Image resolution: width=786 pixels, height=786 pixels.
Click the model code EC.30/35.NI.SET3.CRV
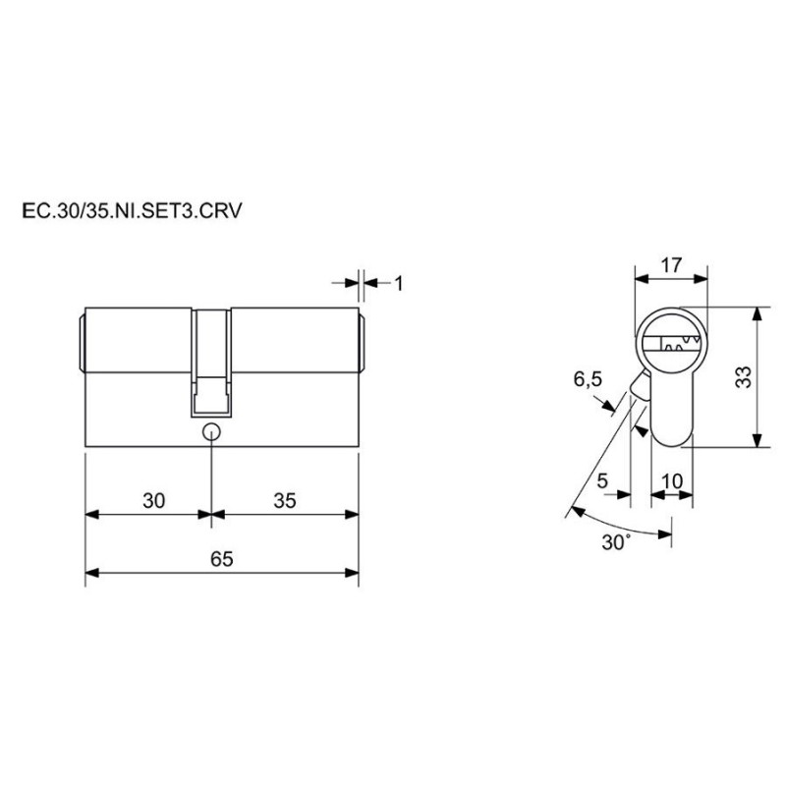[132, 211]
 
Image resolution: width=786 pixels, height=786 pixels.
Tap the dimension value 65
[222, 559]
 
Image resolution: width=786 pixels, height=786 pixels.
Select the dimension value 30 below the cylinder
[153, 500]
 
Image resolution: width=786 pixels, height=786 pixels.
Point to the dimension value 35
[285, 500]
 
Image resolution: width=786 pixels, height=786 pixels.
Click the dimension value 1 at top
[399, 284]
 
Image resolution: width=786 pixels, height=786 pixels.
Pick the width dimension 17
[671, 264]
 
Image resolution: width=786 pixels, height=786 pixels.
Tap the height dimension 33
[744, 377]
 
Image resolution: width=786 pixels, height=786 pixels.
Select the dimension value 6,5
[588, 379]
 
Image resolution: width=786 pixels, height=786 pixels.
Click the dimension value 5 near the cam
[602, 480]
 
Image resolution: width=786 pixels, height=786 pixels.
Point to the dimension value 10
[672, 481]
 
